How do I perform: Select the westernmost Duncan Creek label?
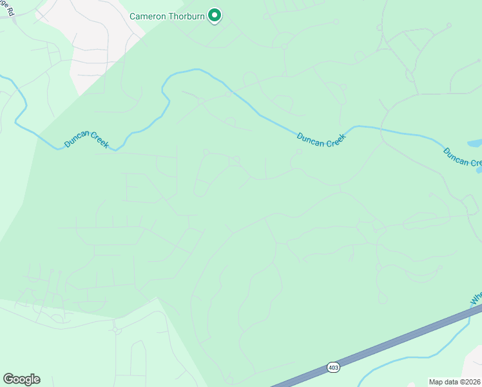(x=86, y=140)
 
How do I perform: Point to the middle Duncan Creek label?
(x=322, y=139)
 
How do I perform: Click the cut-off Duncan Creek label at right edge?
(x=462, y=157)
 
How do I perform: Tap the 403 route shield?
(x=333, y=366)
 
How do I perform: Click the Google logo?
(x=21, y=379)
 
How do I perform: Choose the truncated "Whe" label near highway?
(x=476, y=298)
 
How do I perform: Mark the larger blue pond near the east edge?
(x=474, y=143)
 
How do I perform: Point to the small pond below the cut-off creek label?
(x=479, y=171)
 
